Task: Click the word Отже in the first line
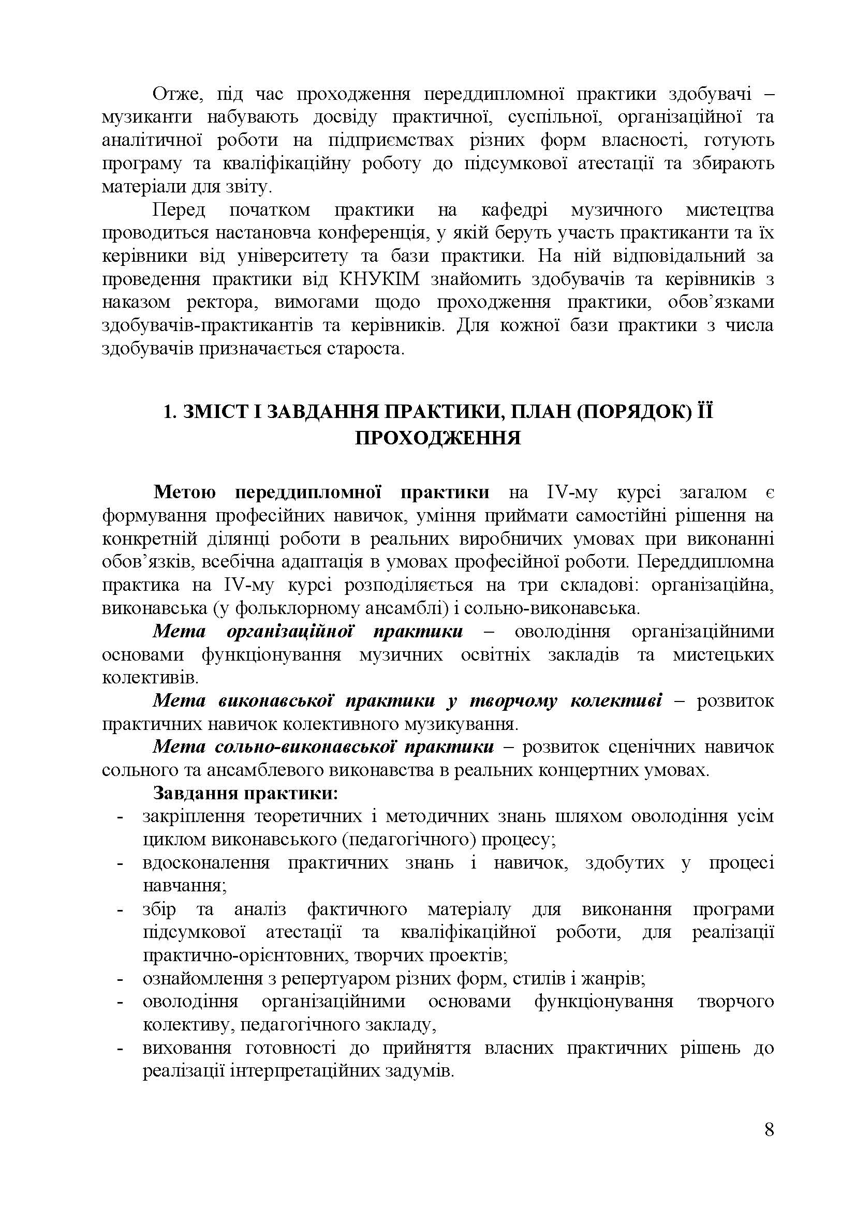pos(176,94)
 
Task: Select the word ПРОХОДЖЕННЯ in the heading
pos(437,438)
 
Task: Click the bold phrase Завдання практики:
pos(245,793)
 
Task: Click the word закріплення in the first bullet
pos(194,816)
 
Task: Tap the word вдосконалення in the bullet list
pos(205,863)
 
